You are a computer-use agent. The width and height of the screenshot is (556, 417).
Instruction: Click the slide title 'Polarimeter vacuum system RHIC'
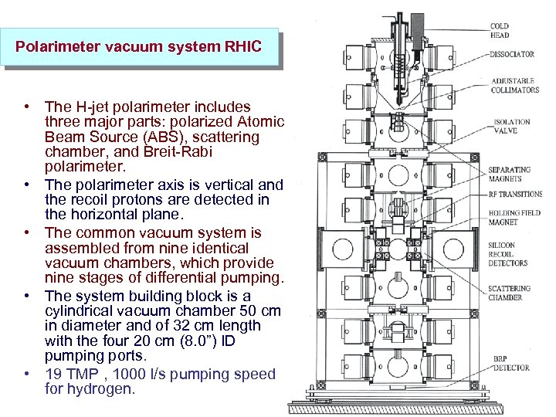[x=139, y=47]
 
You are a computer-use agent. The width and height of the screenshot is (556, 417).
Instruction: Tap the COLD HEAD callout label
[x=500, y=30]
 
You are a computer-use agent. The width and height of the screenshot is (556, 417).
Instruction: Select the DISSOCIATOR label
[x=511, y=54]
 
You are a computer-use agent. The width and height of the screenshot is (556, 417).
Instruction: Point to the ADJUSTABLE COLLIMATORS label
[x=514, y=86]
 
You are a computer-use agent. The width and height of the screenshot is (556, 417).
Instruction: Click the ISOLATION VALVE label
[x=512, y=126]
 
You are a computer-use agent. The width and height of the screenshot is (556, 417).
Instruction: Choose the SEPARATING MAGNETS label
[x=510, y=174]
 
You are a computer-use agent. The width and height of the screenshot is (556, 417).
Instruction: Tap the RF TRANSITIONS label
[x=515, y=195]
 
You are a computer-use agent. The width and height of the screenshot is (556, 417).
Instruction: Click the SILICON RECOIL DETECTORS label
[x=508, y=253]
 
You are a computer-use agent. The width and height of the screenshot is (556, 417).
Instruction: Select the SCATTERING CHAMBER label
[x=510, y=293]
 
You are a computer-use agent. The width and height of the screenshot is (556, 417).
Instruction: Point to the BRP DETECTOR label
[x=511, y=363]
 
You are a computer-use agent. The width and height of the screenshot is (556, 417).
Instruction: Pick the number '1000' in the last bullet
[x=149, y=375]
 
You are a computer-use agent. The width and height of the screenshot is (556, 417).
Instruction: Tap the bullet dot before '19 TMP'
[x=27, y=374]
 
